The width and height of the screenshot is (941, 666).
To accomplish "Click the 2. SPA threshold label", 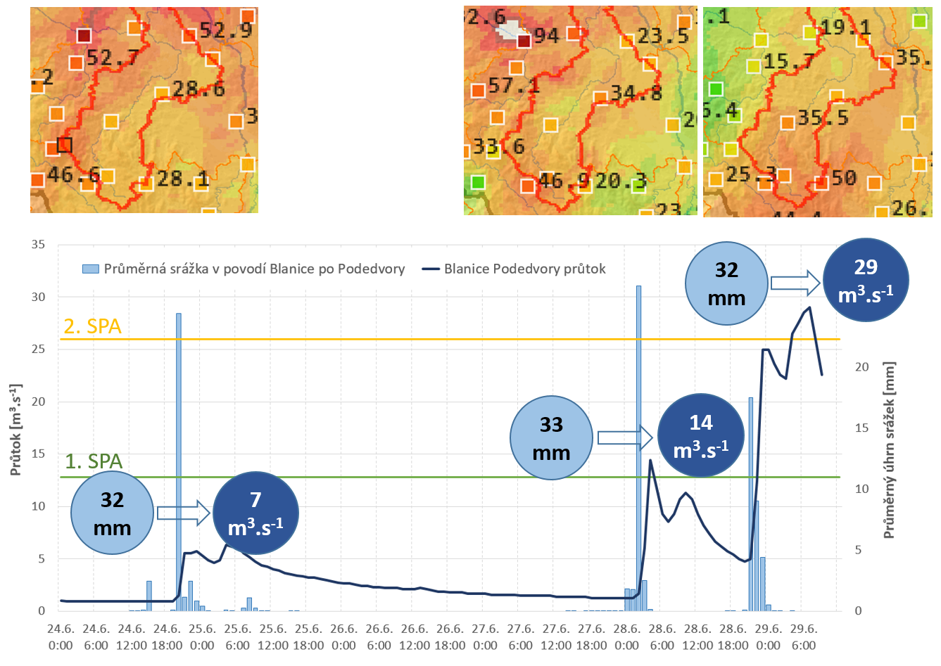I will pos(93,326).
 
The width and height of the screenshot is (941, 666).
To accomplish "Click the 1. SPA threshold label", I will pos(94,461).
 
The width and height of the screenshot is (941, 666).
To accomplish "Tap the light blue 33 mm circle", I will pos(551,438).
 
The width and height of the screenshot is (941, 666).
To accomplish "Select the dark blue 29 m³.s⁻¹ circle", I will pos(866,280).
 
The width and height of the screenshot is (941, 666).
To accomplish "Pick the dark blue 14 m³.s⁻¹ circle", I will pos(700,436).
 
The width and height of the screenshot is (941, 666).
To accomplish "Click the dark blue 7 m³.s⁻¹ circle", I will pos(255,513).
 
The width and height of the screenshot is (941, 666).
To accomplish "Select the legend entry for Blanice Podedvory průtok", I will pos(514,269).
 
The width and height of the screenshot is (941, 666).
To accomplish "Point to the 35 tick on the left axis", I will pos(38,245).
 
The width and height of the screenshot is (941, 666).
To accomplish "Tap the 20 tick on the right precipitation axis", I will pos(861,367).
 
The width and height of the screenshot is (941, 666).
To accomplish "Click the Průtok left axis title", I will pos(15,430).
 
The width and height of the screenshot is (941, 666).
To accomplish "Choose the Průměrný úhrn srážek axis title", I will pos(889,450).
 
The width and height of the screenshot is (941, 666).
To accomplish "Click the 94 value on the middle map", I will pos(546,35).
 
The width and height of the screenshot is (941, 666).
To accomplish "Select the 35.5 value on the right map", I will pos(823,117).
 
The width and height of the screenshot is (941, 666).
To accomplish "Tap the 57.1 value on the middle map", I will pos(513,86).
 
